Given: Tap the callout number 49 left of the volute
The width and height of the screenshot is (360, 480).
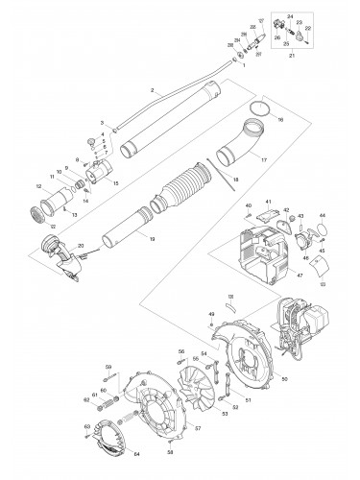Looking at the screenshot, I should pyautogui.click(x=210, y=314).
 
